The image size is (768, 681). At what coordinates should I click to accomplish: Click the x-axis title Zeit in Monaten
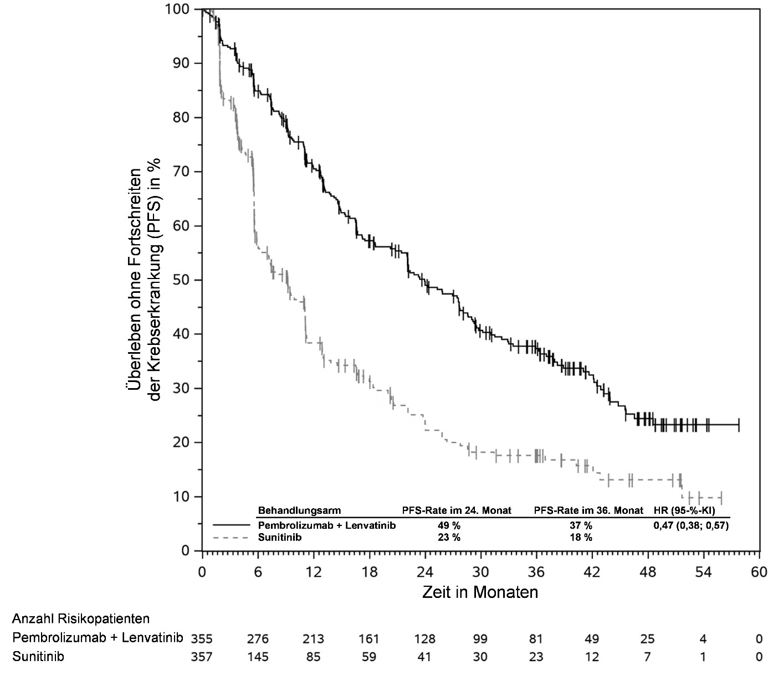480,592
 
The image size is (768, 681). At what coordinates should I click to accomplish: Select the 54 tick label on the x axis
703,572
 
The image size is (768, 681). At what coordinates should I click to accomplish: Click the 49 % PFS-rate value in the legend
449,525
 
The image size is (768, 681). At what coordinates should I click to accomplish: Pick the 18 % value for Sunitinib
581,537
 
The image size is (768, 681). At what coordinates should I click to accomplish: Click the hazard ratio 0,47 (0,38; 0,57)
691,525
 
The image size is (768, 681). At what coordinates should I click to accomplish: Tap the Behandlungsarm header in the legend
299,510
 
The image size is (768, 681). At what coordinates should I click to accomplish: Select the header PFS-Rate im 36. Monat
588,510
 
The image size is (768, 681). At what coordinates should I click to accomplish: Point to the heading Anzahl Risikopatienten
81,618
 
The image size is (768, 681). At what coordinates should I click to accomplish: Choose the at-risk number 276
258,638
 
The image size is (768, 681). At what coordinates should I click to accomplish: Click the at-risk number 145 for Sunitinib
258,657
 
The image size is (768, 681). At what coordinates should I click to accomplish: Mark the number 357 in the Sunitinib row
202,657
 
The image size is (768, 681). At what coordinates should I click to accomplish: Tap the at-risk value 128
424,638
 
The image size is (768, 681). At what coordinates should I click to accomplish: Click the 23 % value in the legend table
449,537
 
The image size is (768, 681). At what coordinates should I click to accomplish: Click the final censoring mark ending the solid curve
739,425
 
